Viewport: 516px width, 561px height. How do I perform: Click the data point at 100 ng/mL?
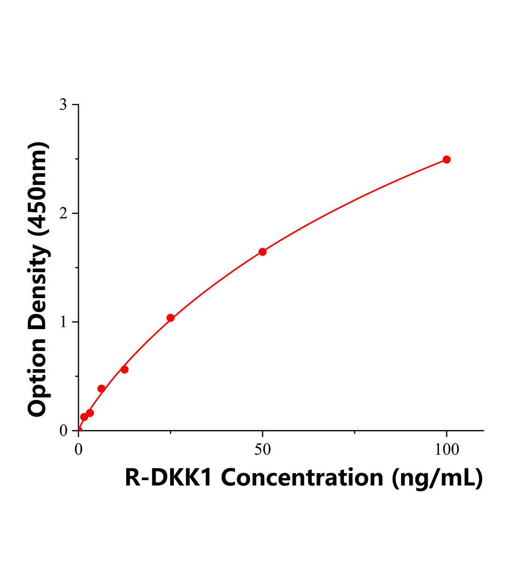(x=446, y=159)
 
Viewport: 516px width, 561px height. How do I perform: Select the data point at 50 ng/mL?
(x=263, y=252)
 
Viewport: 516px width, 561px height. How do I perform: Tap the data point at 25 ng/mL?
(x=171, y=318)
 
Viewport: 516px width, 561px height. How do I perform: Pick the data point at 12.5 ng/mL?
(x=124, y=369)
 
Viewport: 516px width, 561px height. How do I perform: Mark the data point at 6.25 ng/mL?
(x=101, y=388)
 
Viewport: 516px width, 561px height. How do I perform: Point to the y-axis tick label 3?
(x=63, y=105)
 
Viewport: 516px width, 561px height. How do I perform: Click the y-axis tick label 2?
(x=63, y=213)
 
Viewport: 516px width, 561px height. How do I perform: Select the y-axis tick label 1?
(x=63, y=322)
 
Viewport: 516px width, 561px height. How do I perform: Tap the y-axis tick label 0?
(x=63, y=431)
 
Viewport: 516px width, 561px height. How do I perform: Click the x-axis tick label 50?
(x=263, y=450)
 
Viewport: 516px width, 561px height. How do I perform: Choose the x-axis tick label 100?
(x=446, y=450)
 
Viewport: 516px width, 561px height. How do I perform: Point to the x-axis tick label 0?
(x=79, y=450)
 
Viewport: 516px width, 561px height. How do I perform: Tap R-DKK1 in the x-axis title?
(x=169, y=478)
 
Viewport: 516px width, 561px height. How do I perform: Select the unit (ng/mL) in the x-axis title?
(x=437, y=478)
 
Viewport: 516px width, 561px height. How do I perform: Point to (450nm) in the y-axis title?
(x=37, y=187)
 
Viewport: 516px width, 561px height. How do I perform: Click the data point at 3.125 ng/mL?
(x=90, y=413)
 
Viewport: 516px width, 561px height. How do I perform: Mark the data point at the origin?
(x=79, y=430)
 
